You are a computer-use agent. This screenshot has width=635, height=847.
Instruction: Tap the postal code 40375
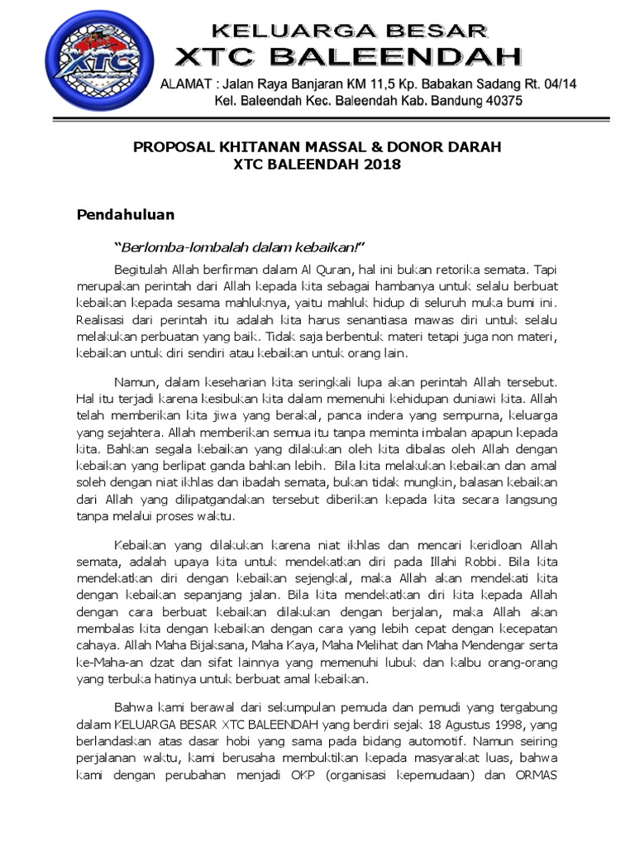tap(499, 101)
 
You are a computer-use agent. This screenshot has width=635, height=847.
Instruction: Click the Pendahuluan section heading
tap(126, 215)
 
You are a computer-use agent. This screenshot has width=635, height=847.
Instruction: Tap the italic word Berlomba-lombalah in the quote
tap(172, 247)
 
